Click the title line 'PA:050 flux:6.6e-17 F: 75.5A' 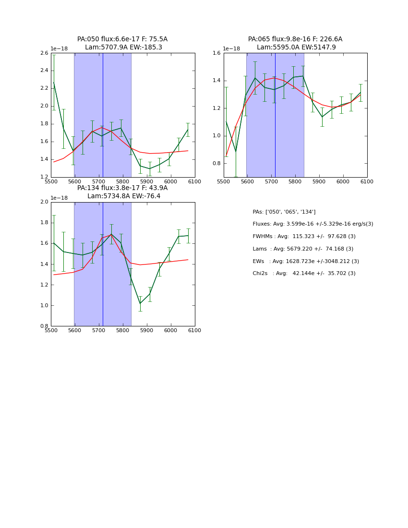point(122,39)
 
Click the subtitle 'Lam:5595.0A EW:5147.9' point(296,48)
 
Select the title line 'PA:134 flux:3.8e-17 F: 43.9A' point(122,188)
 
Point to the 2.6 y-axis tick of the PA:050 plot point(43,53)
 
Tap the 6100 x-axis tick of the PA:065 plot point(367,181)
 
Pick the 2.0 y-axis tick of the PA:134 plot point(43,202)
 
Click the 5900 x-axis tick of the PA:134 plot point(146,330)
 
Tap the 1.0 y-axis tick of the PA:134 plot point(43,306)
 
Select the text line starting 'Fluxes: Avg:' point(312,224)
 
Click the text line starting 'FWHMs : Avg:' point(304,237)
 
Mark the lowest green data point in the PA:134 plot point(140,303)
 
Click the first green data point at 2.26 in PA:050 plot point(54,83)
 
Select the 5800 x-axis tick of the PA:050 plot point(122,181)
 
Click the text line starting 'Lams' point(303,249)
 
